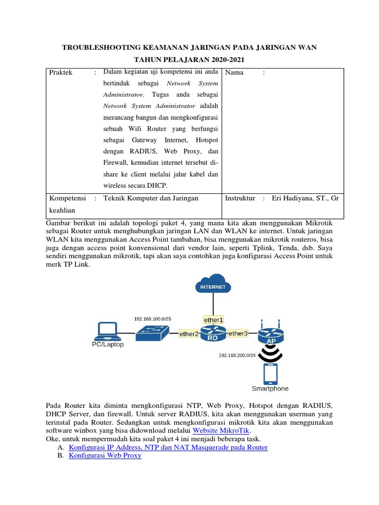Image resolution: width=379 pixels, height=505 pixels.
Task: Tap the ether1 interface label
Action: point(213,319)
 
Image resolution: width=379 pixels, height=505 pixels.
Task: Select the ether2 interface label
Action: point(189,334)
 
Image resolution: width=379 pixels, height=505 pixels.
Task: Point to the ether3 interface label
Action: point(237,334)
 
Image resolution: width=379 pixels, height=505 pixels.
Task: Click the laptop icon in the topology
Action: point(108,331)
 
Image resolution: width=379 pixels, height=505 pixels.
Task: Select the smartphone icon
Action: point(270,373)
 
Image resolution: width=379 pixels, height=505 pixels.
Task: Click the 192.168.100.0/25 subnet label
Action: point(152,319)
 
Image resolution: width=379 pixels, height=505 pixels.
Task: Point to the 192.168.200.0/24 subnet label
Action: point(237,355)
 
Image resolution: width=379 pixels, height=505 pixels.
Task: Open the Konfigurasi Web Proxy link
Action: point(105,456)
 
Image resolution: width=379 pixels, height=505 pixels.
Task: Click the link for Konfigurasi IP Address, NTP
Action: point(168,447)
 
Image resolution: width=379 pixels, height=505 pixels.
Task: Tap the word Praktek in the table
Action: point(61,72)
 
